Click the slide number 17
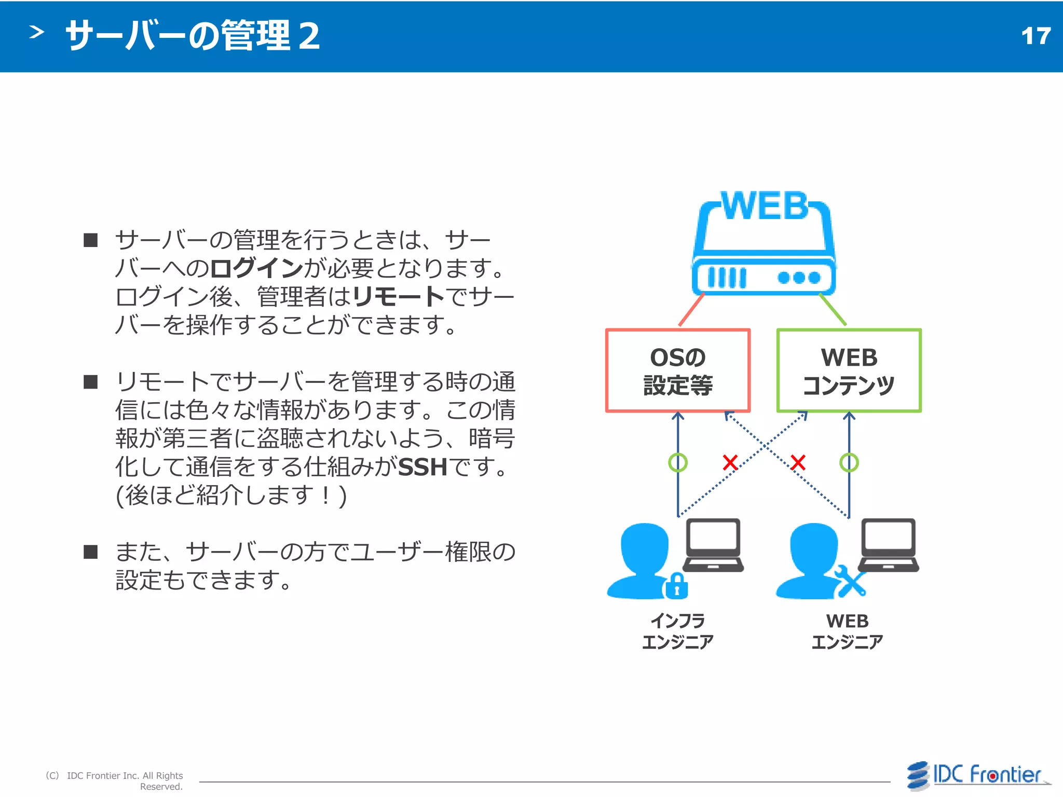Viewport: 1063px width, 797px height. [x=1035, y=36]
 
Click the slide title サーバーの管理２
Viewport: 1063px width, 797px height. [x=193, y=36]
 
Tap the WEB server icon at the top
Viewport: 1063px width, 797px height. [x=764, y=244]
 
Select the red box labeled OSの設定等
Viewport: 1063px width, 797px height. [x=678, y=370]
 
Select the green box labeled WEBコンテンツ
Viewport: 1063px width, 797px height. [x=849, y=370]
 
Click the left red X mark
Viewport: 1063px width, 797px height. [x=730, y=462]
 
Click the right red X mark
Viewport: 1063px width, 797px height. [x=798, y=462]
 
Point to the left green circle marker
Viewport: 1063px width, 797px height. [x=678, y=462]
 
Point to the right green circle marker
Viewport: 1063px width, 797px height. [x=849, y=462]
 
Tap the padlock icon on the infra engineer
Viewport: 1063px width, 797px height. [x=676, y=586]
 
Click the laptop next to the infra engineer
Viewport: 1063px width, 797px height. [x=714, y=545]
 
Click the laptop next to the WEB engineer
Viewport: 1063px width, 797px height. [x=889, y=545]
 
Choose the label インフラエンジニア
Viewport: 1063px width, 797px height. [x=678, y=631]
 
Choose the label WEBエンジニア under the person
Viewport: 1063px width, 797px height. [x=848, y=631]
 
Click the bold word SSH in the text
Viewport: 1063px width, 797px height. [x=423, y=467]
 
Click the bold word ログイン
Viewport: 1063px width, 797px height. [x=256, y=268]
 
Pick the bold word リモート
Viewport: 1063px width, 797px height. [x=398, y=297]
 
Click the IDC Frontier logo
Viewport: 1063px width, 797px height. [x=978, y=776]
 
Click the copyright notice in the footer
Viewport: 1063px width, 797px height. [x=115, y=780]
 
